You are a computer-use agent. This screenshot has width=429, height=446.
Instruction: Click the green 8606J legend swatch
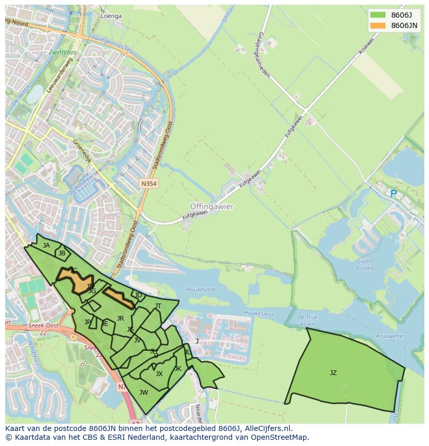click(x=378, y=15)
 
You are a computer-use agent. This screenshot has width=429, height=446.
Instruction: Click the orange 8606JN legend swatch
click(x=378, y=25)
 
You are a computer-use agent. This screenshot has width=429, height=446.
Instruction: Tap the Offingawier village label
click(x=211, y=206)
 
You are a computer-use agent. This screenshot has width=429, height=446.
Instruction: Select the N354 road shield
click(x=149, y=183)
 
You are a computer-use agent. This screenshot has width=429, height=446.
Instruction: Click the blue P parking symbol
click(x=393, y=194)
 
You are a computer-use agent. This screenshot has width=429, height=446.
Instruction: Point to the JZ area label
click(x=333, y=372)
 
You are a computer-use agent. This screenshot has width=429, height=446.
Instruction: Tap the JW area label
click(x=144, y=392)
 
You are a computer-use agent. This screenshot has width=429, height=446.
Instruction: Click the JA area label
click(x=47, y=246)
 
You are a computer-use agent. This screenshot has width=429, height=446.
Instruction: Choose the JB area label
click(x=62, y=253)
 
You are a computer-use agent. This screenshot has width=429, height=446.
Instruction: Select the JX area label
click(x=159, y=373)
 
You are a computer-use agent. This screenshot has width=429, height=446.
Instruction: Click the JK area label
click(x=178, y=369)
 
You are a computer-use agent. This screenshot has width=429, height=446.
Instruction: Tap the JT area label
click(x=158, y=306)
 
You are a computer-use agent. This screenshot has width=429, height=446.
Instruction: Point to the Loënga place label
click(x=111, y=16)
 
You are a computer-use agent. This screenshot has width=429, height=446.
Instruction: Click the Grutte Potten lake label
click(x=365, y=265)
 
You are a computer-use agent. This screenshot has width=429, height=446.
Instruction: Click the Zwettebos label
click(x=63, y=53)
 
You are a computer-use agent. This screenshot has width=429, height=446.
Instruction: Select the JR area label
click(x=120, y=319)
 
